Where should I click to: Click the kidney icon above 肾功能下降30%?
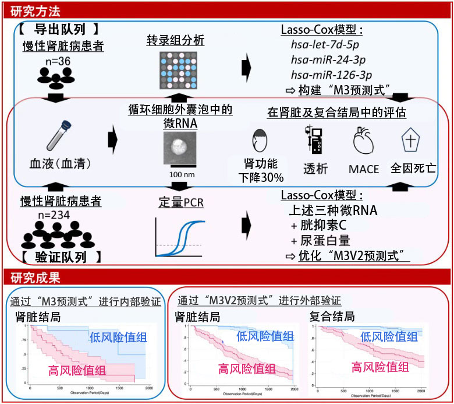(x=260, y=142)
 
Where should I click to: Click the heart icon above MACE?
(x=364, y=142)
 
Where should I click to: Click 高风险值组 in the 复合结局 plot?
(x=380, y=367)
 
